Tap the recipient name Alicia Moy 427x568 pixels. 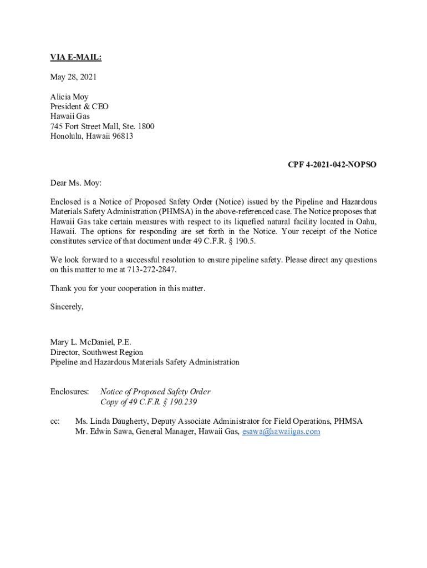pos(69,97)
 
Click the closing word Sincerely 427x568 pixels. pos(67,307)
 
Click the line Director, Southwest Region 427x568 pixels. pos(96,352)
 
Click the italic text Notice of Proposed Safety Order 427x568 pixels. pos(155,392)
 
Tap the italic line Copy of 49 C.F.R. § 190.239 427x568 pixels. pos(149,402)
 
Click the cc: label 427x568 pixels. pos(55,422)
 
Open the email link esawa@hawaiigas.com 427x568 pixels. pos(281,432)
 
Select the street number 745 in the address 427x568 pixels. pos(57,126)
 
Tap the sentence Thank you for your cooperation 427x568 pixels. pos(128,288)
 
